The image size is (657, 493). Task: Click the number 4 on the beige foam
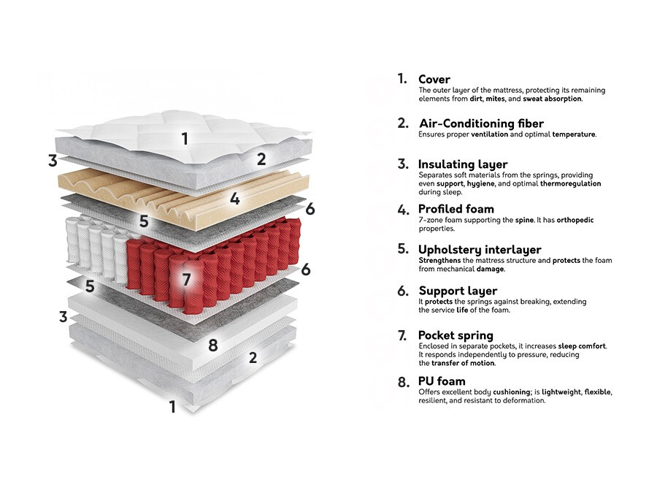234,198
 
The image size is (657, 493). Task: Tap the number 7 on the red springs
186,279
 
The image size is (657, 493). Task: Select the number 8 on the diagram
213,345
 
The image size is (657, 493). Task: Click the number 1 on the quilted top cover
185,138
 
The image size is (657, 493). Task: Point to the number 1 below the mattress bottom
173,407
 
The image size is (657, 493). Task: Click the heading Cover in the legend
434,79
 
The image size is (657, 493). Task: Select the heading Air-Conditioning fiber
480,123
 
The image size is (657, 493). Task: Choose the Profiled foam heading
456,210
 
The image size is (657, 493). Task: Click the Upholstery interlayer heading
480,250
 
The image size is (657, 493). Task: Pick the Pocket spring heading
456,335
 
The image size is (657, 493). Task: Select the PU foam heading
442,381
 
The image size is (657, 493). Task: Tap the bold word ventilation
489,134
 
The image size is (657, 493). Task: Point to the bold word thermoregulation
570,184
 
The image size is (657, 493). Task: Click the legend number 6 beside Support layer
402,291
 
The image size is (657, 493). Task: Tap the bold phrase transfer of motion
463,363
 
